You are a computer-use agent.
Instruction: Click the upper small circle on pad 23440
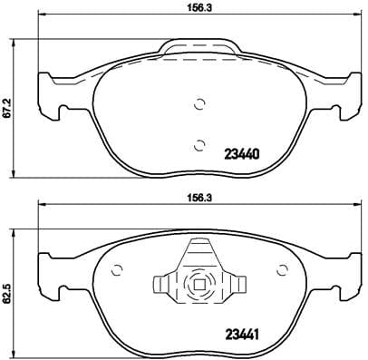coord(199,102)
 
